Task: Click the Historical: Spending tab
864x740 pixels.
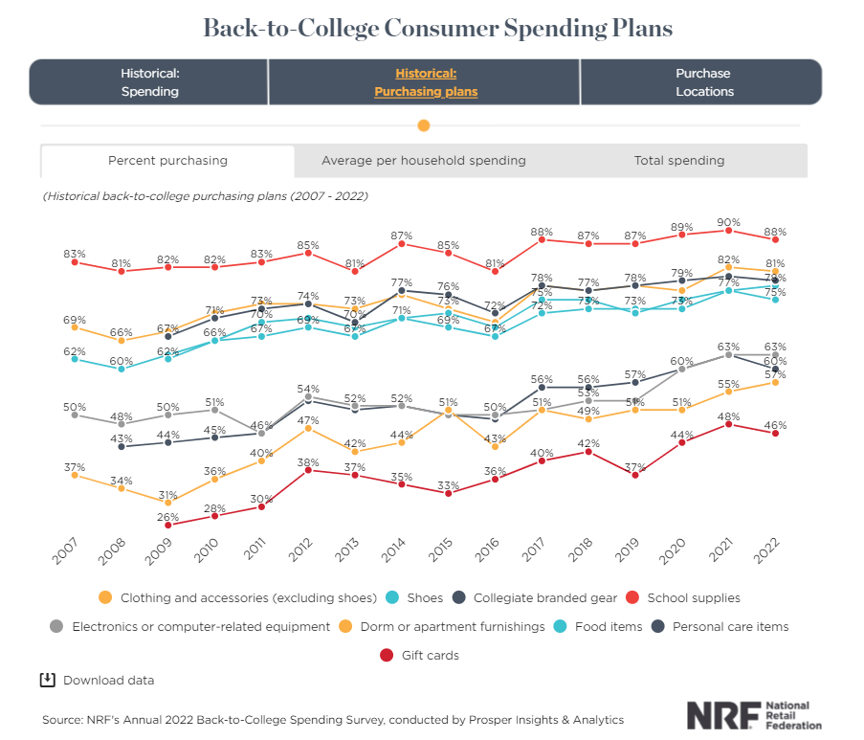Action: (x=149, y=82)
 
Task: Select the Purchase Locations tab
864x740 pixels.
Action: (x=702, y=82)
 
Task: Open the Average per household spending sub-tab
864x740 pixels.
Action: (x=423, y=161)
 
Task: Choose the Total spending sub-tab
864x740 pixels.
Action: (x=678, y=161)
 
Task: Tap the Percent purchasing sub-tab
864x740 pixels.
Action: (x=167, y=161)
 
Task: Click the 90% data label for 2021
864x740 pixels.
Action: (x=729, y=221)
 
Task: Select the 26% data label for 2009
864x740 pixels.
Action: (x=168, y=516)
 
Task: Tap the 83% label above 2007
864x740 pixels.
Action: (x=75, y=254)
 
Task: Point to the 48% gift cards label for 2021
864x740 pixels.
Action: (x=729, y=415)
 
